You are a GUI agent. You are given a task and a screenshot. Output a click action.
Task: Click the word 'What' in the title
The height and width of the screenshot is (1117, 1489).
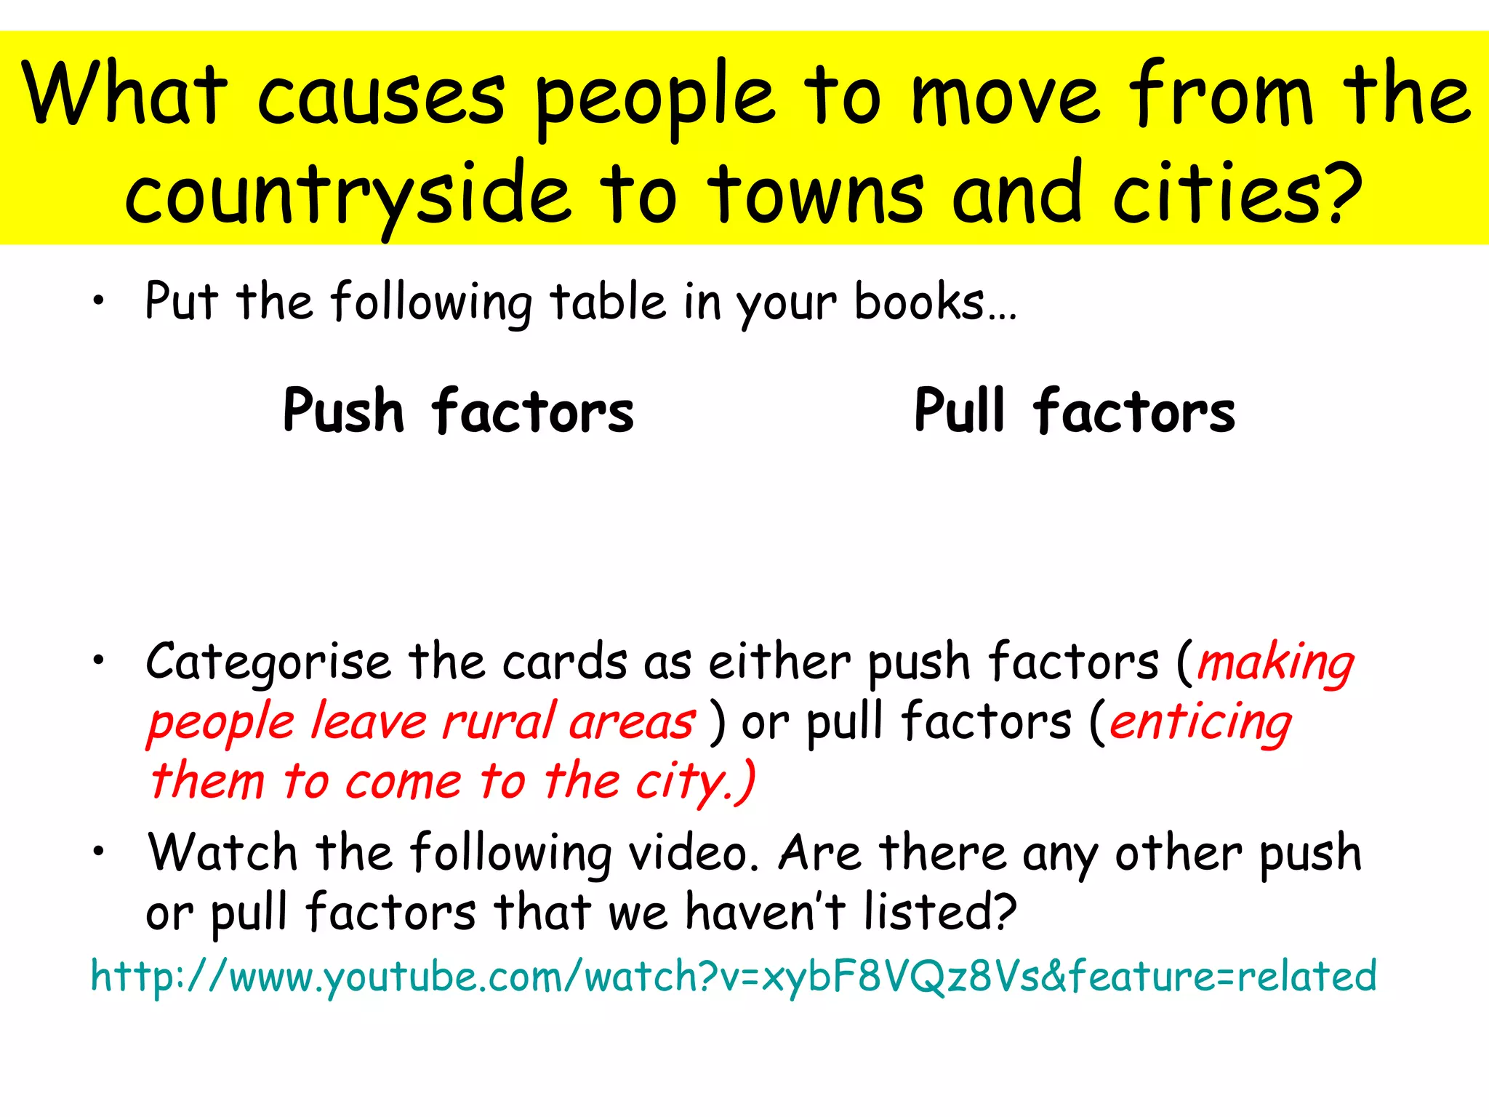[x=124, y=95]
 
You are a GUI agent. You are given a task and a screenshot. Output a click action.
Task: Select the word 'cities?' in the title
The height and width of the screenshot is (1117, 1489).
[x=1237, y=193]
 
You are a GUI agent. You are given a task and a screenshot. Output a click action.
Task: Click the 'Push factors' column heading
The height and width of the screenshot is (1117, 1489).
[x=458, y=411]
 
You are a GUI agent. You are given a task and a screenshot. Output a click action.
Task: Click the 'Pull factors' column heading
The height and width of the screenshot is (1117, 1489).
[x=1075, y=411]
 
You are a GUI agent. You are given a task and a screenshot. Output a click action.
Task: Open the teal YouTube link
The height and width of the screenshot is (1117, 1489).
[x=733, y=976]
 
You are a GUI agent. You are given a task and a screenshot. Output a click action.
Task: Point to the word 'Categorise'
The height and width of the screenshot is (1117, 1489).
[x=269, y=663]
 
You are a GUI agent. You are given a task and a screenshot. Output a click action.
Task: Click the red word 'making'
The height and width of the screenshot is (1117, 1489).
[x=1275, y=663]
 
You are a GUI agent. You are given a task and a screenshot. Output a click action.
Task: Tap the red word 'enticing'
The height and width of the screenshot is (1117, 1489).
[x=1201, y=723]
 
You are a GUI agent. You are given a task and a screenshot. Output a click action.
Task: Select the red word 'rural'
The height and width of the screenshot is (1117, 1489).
[x=499, y=723]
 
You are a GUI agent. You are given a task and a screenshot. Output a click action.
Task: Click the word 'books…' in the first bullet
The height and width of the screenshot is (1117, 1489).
[x=935, y=303]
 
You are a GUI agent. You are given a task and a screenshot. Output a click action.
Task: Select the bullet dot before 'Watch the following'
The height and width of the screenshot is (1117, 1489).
[x=98, y=851]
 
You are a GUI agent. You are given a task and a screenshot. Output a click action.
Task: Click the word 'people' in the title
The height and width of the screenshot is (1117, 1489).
[x=654, y=98]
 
